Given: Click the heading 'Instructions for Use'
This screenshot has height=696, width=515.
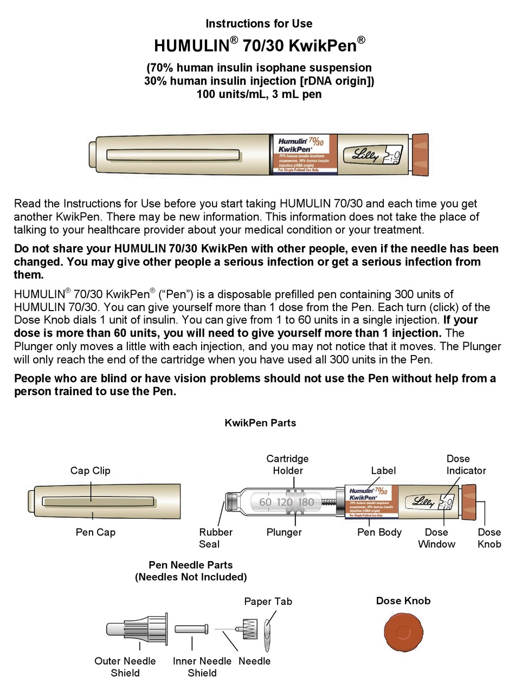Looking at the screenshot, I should pos(259,23).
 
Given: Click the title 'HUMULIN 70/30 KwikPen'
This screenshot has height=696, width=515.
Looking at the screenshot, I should pos(259,44).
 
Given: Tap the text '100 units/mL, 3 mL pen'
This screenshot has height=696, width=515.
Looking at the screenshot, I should pos(259,94).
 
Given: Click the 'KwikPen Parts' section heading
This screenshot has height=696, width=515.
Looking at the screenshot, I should pos(260,423).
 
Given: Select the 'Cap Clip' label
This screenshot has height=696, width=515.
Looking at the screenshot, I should pos(90,471).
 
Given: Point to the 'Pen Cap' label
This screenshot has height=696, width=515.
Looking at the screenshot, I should pos(95,532).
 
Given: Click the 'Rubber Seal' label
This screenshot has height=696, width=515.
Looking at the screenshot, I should pos(216,538).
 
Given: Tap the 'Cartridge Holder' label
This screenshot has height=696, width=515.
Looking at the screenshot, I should pos(287,465).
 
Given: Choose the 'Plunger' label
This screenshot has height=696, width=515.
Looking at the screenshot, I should pos(284,532).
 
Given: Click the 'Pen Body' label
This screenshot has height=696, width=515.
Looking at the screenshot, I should pos(379,532).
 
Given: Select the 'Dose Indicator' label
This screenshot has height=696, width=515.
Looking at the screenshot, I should pos(466,465).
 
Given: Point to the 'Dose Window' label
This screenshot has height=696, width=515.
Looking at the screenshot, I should pos(436,538).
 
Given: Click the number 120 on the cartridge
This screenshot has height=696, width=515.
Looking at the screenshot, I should pos(285,502).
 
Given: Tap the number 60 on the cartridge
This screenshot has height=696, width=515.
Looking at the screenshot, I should pos(265,502).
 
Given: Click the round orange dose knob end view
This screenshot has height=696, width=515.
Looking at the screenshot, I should pos(403,632).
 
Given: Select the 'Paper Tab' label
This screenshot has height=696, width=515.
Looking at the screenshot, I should pos(268,601).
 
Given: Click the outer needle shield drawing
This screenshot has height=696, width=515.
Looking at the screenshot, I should pos(138,629).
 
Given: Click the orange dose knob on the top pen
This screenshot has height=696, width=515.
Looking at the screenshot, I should pos(421,155).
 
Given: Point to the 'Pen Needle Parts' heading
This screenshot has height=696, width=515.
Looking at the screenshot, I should pos(191,565).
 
